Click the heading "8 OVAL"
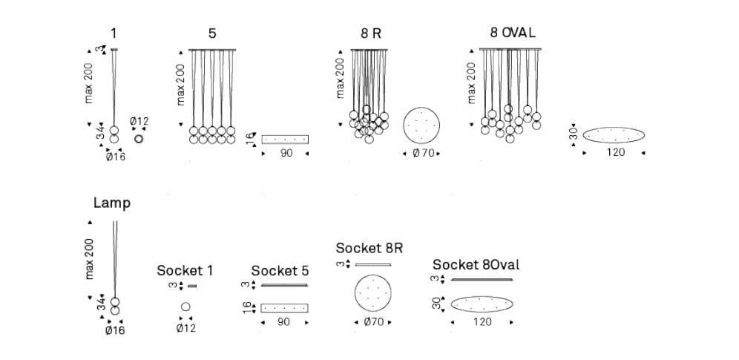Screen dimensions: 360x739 (x=512, y=33)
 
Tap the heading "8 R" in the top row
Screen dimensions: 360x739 (x=370, y=33)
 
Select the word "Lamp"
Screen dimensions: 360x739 (x=112, y=203)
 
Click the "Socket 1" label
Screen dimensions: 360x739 (x=185, y=270)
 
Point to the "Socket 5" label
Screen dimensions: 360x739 (x=280, y=270)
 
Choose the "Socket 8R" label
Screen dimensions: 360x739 (x=369, y=248)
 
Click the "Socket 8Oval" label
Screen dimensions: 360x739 (x=476, y=265)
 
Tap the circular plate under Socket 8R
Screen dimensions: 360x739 (x=372, y=294)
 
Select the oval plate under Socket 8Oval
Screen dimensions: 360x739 (x=482, y=304)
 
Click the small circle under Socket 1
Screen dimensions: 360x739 (x=185, y=307)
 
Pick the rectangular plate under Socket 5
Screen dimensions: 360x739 (x=284, y=307)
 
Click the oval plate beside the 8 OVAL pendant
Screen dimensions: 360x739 (x=614, y=135)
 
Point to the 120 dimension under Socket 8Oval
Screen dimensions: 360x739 (x=482, y=322)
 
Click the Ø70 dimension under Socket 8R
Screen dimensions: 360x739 (x=372, y=322)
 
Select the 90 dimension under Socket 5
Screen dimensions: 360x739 (x=283, y=322)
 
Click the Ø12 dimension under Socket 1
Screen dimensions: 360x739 (x=185, y=327)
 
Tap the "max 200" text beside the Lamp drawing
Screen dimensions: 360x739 (x=89, y=259)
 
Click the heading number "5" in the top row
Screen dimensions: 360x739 (x=212, y=33)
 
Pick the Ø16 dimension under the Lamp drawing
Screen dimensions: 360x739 (x=115, y=330)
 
